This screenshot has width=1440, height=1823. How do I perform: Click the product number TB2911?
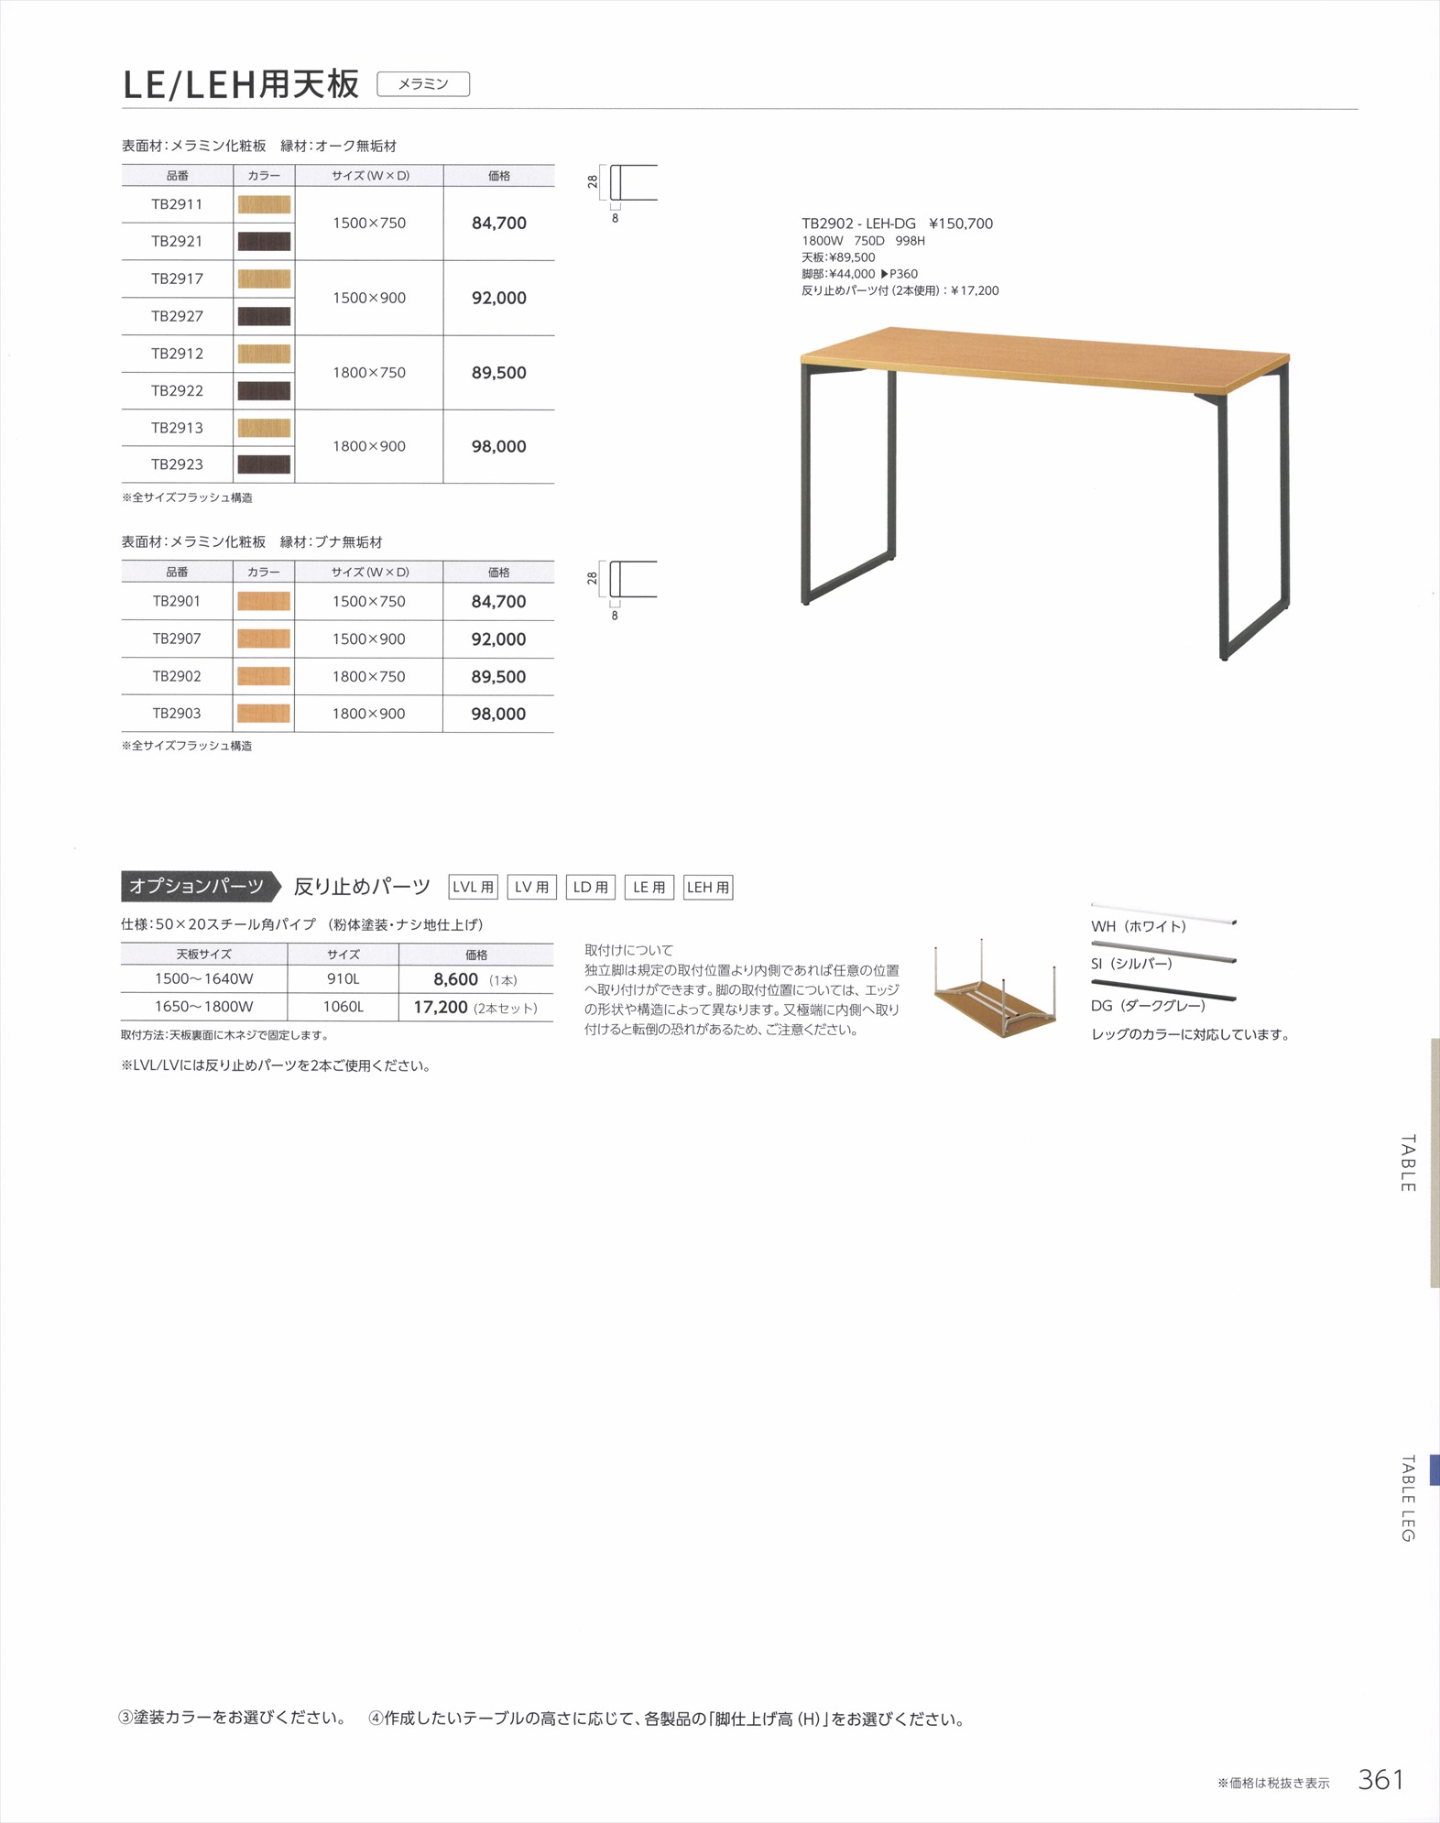tap(177, 204)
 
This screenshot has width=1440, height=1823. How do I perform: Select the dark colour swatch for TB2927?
tap(264, 317)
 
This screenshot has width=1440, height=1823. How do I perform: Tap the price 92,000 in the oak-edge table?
tap(498, 298)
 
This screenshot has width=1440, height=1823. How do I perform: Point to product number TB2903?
tap(177, 714)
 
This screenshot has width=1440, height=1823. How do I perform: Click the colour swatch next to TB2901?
tap(264, 602)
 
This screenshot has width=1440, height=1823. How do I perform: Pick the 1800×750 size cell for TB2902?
tap(368, 677)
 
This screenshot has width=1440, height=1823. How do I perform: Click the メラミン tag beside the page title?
tap(423, 84)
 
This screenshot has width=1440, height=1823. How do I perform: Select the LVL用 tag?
tap(473, 887)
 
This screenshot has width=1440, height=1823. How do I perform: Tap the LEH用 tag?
tap(708, 887)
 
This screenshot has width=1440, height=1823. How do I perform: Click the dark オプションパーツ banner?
tap(197, 886)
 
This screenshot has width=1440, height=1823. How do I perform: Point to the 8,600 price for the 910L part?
tap(456, 979)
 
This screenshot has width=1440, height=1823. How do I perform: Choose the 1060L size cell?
tap(344, 1007)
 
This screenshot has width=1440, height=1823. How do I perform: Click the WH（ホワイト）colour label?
tap(1139, 926)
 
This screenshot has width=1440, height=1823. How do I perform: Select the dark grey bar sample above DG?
tap(1163, 991)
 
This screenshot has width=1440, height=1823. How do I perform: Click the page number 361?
tap(1380, 1779)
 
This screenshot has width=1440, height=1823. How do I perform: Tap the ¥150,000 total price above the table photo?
tap(961, 224)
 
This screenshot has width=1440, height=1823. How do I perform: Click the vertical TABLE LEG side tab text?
tap(1407, 1499)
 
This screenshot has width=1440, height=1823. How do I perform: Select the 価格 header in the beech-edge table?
tap(498, 573)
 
